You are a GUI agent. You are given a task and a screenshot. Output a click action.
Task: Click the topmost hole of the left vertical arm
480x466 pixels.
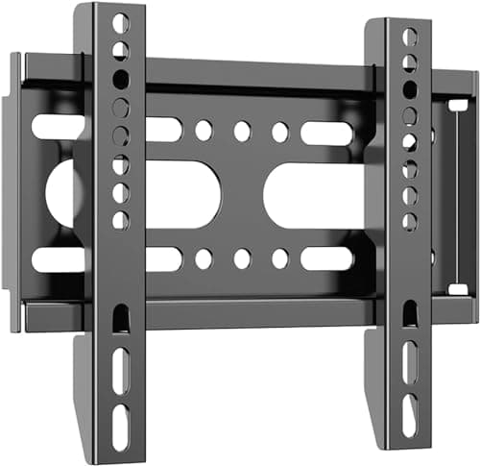coord(119,23)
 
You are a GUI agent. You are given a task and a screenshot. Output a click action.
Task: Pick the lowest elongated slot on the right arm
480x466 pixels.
coord(411,414)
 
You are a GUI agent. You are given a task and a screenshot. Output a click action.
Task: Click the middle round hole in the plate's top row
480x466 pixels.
coord(242,132)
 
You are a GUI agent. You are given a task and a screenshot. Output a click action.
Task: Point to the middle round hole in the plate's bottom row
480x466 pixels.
coord(242,258)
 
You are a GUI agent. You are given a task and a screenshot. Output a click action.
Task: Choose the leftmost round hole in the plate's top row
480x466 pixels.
coord(204,130)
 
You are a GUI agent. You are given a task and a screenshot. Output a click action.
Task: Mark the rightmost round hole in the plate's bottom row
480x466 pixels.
coord(280,258)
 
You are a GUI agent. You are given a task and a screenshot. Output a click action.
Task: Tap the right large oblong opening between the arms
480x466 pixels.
coord(313,194)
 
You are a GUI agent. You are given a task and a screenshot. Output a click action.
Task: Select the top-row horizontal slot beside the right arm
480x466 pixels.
coord(327,133)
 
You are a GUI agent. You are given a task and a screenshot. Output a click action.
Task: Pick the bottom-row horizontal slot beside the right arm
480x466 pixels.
coord(327,258)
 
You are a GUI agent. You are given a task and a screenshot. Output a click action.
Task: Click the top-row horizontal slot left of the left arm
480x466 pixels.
coord(58,126)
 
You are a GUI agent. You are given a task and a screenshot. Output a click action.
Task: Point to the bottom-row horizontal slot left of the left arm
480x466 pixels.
coord(58,259)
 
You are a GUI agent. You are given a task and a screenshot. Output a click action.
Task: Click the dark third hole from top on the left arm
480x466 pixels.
coord(120,79)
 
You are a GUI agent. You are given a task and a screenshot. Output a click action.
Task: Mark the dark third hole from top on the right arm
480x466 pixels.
coord(410,89)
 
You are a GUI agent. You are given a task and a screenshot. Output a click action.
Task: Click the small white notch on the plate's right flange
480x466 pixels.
coord(459,104)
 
